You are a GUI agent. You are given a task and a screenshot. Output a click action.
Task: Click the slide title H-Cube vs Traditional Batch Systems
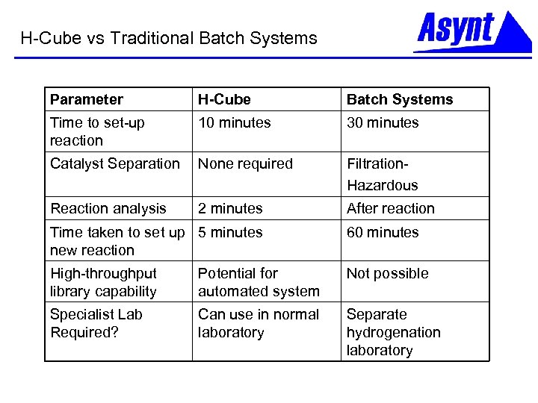[169, 38]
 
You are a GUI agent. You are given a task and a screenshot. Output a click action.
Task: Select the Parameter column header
[86, 99]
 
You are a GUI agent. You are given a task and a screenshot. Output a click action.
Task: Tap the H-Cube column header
[224, 99]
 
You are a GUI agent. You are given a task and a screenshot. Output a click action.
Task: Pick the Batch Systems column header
[400, 99]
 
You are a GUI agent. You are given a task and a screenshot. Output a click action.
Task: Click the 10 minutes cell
[235, 122]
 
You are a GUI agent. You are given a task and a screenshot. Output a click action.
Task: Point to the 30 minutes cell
[383, 122]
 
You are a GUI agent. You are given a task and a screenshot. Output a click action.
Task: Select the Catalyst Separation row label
[115, 163]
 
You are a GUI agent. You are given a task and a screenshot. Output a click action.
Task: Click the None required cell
[245, 163]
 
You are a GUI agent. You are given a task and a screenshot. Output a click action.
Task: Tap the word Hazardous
[382, 185]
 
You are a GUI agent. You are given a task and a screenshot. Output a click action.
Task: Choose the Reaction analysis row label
[108, 208]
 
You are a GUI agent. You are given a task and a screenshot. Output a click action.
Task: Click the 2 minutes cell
[230, 208]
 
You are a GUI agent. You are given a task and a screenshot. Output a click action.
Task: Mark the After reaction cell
[390, 208]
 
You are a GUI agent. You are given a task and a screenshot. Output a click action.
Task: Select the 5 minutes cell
[230, 232]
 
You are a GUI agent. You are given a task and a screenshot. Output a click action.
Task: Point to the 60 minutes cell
[383, 232]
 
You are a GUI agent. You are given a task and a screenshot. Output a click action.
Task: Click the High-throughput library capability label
[103, 282]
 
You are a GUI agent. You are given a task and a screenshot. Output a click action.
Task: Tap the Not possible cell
[387, 273]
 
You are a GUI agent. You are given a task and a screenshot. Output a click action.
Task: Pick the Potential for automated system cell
[259, 282]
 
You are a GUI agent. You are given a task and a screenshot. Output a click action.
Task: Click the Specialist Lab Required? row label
[96, 323]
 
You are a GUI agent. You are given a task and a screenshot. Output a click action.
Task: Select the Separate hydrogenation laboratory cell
[393, 332]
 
